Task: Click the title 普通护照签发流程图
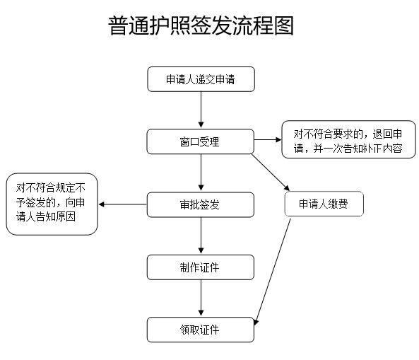(x=201, y=26)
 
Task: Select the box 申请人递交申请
(x=200, y=80)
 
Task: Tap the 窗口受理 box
(x=200, y=141)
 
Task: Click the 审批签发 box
(x=200, y=205)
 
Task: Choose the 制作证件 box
(x=200, y=267)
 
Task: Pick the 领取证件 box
(x=200, y=330)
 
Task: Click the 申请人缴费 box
(x=324, y=204)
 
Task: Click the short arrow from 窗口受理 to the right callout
(x=267, y=139)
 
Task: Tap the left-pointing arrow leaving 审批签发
(x=122, y=205)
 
